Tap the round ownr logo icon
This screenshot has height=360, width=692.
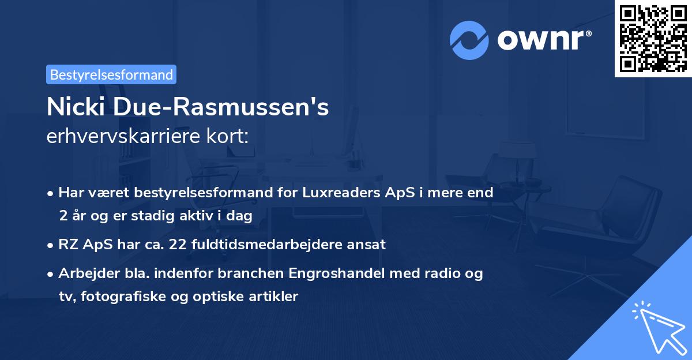pyautogui.click(x=469, y=40)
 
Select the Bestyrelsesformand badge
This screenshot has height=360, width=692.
pyautogui.click(x=111, y=74)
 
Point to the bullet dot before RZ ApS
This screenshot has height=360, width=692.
pyautogui.click(x=51, y=245)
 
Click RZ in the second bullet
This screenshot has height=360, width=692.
pyautogui.click(x=67, y=244)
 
